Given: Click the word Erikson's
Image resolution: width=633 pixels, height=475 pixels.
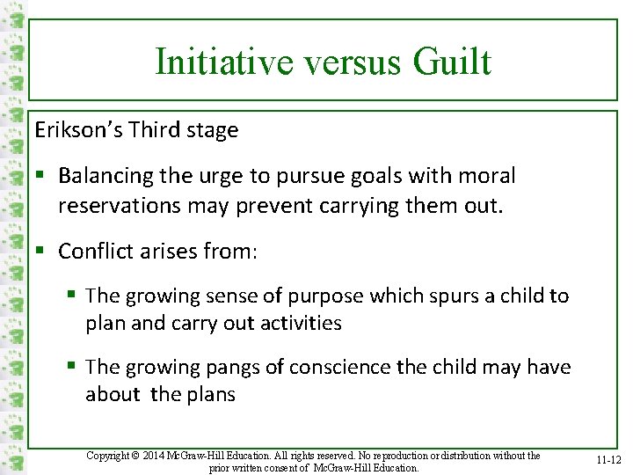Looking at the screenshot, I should pos(78,130).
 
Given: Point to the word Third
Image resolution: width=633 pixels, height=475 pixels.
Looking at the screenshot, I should pos(155,130).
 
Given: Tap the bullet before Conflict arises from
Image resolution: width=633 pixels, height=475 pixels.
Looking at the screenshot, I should pos(40,252).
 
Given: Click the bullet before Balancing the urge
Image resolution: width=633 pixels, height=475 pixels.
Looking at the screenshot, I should pos(40,176).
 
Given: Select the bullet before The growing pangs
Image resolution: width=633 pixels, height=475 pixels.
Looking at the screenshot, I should pos(70,367).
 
